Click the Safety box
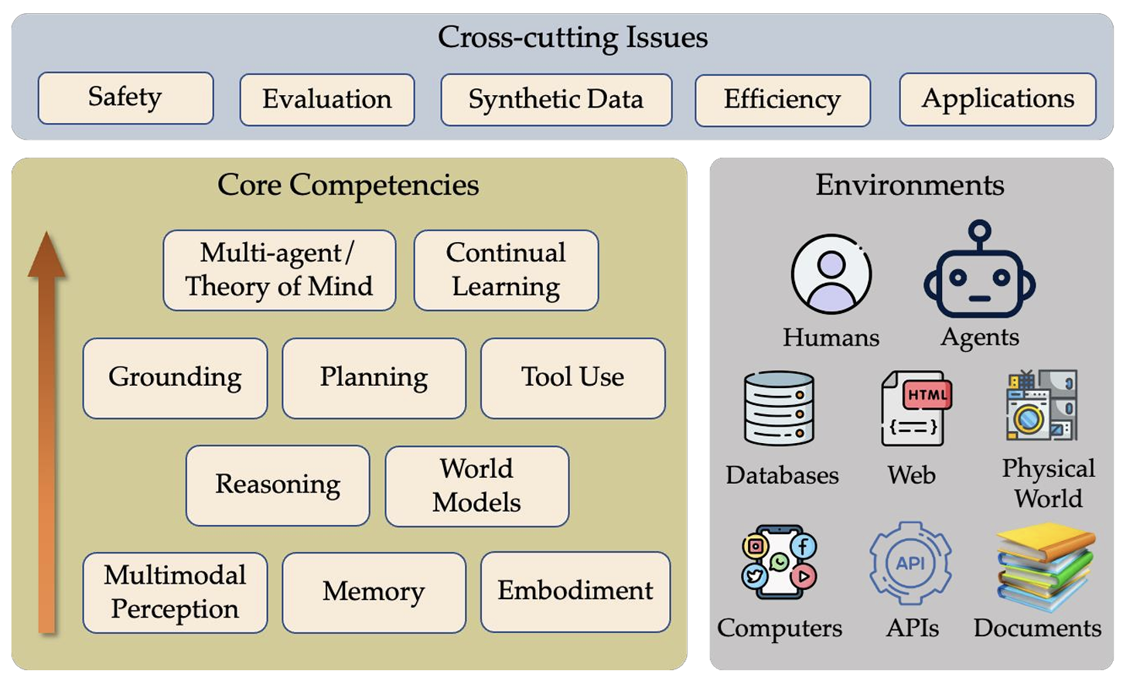pos(125,98)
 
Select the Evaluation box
pos(326,100)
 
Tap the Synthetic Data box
pos(555,100)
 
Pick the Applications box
pos(997,99)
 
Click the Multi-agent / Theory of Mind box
pos(279,270)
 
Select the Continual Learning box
pos(506,270)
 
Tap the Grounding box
pos(175,378)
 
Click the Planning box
pos(374,378)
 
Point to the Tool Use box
pos(572,378)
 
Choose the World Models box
pos(476,485)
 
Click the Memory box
pos(374,592)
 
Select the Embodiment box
pos(575,591)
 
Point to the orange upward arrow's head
pos(46,253)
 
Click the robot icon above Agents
pos(979,272)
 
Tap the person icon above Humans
pos(831,274)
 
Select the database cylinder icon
pos(779,408)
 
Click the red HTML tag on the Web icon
pos(927,395)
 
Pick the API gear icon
pos(910,564)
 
